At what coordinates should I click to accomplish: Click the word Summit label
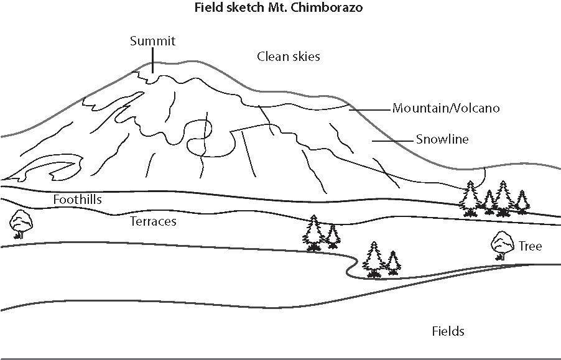coord(152,42)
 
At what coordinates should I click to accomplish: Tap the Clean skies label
coord(289,57)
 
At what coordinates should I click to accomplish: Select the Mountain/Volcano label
coord(446,108)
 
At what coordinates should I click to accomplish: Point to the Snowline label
coord(442,139)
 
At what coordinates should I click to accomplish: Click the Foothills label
coord(77,200)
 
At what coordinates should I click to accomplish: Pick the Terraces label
coord(153,221)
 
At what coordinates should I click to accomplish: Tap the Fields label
coord(448,331)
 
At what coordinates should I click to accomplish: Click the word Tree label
coord(530,246)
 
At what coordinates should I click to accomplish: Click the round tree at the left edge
coord(21,222)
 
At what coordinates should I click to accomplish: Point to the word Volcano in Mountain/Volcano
coord(478,108)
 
